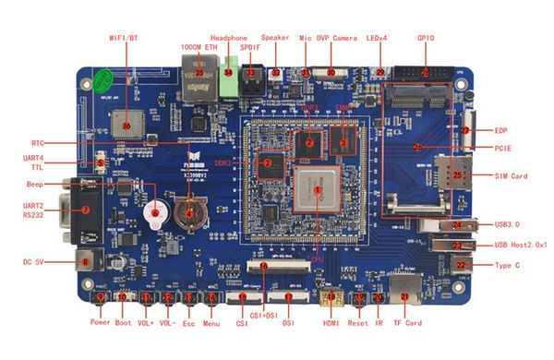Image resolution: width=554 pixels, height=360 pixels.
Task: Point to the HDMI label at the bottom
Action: tap(331, 323)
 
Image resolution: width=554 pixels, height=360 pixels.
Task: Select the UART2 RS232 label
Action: tap(33, 210)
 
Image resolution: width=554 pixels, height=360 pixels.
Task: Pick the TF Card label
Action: tap(407, 323)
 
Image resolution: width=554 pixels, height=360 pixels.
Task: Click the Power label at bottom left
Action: tap(101, 323)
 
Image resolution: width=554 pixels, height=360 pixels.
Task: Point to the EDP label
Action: tap(501, 131)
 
